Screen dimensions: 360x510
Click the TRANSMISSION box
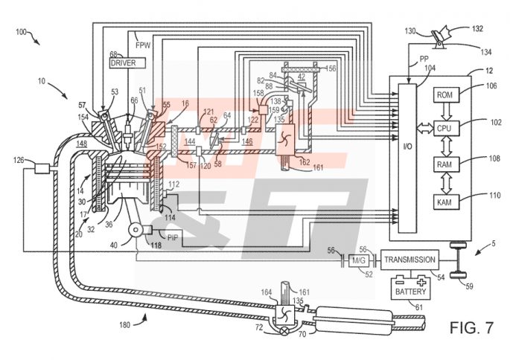tap(409, 260)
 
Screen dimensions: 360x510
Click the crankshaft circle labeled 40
tap(138, 233)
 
